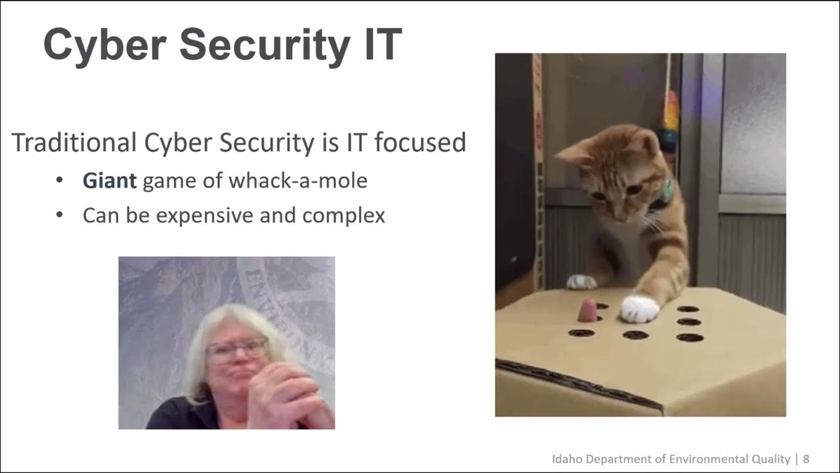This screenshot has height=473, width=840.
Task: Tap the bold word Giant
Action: pos(110,181)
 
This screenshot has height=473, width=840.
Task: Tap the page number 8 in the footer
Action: pos(806,459)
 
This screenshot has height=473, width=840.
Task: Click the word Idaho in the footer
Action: pos(566,459)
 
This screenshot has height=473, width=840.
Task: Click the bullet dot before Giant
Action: pos(60,181)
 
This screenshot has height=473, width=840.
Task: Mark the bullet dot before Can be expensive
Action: pos(60,215)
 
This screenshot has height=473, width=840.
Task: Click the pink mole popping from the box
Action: pos(587,311)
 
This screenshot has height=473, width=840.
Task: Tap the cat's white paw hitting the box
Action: pos(640,309)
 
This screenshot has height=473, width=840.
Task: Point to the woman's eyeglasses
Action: pos(237,348)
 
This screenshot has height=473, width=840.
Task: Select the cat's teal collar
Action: pos(667,191)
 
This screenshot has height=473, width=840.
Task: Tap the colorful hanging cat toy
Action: pos(670,122)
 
